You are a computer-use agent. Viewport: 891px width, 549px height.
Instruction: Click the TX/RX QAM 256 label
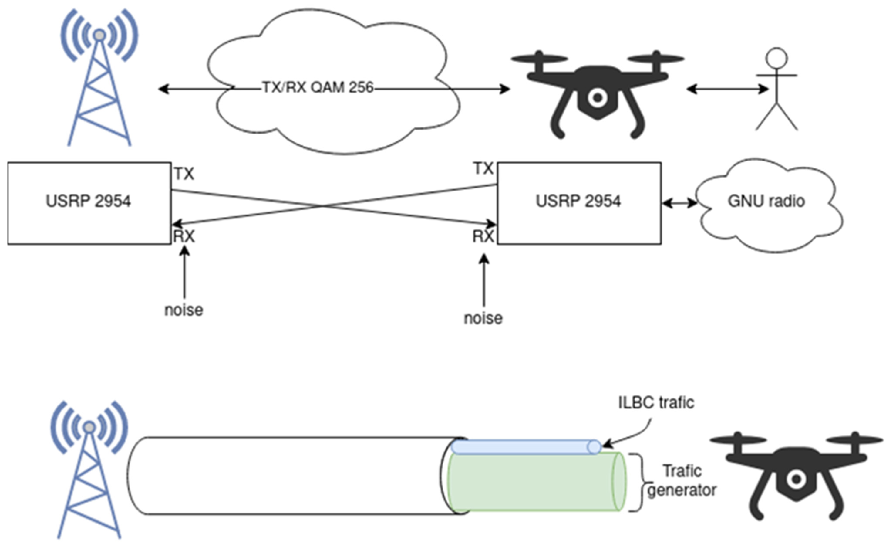(x=317, y=88)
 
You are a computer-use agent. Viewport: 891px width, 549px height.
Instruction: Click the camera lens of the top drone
(x=598, y=97)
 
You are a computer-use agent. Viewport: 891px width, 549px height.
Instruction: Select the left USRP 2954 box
(x=89, y=203)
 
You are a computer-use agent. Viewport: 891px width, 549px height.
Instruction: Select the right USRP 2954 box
(x=579, y=203)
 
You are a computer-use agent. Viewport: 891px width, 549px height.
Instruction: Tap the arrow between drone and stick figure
(x=727, y=89)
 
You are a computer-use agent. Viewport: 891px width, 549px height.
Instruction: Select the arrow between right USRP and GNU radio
(x=679, y=203)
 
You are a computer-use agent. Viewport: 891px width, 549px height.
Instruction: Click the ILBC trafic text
(x=656, y=403)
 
